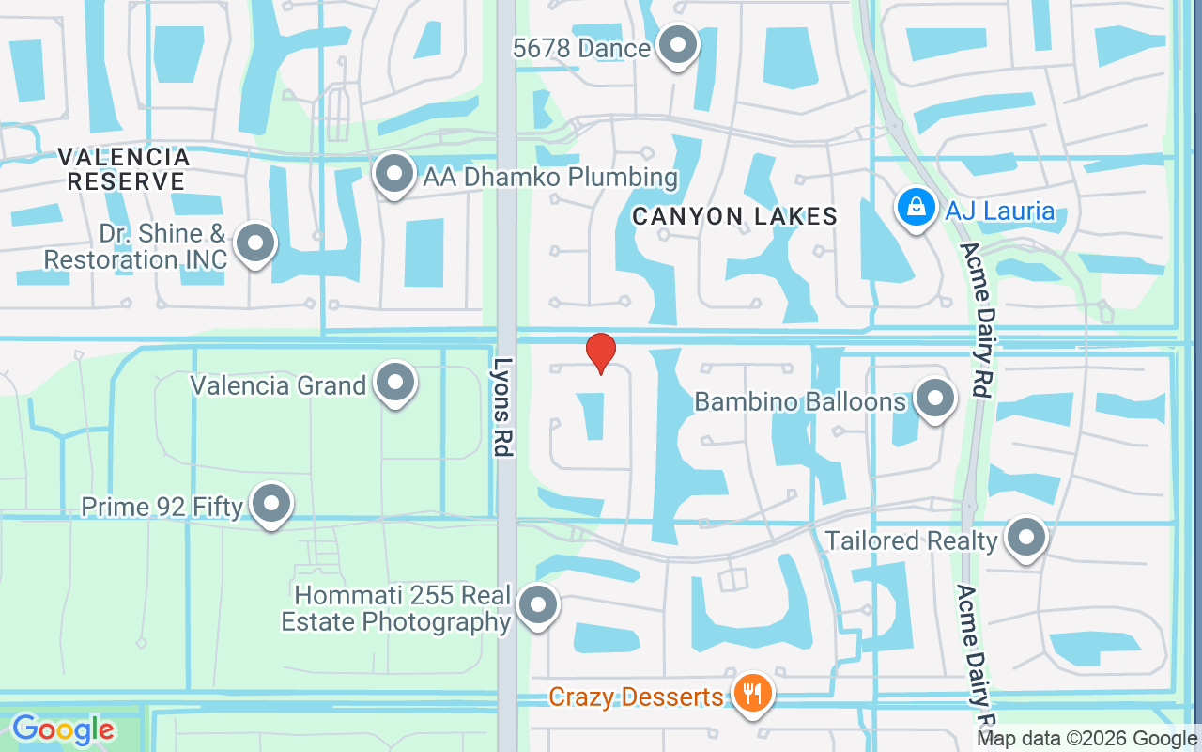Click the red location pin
pyautogui.click(x=601, y=352)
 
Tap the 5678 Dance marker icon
pyautogui.click(x=676, y=45)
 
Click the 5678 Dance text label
pyautogui.click(x=582, y=48)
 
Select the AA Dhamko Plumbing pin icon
pyautogui.click(x=394, y=174)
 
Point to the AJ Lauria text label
pyautogui.click(x=1000, y=211)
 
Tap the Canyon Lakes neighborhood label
pyautogui.click(x=734, y=216)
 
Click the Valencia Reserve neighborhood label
pyautogui.click(x=124, y=169)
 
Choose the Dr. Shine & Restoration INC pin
pyautogui.click(x=254, y=243)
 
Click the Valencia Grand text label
pyautogui.click(x=278, y=385)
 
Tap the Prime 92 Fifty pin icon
pyautogui.click(x=272, y=504)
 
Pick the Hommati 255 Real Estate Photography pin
pyautogui.click(x=538, y=604)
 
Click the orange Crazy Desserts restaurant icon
pyautogui.click(x=751, y=695)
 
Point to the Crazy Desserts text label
pyautogui.click(x=636, y=697)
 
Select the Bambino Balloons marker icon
pyautogui.click(x=934, y=399)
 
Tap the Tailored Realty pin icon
pyautogui.click(x=1025, y=538)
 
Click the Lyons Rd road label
pyautogui.click(x=505, y=407)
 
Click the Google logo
pyautogui.click(x=63, y=729)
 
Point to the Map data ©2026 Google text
pyautogui.click(x=1086, y=739)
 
